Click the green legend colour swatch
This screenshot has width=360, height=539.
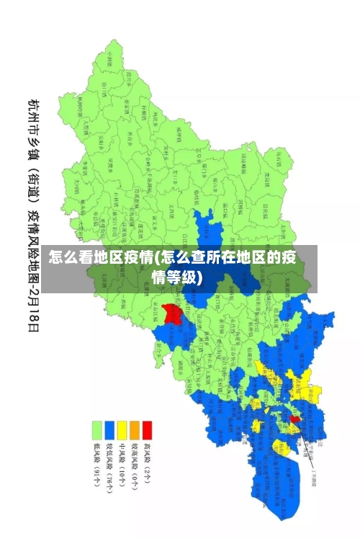(95, 431)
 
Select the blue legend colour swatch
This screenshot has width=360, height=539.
(108, 431)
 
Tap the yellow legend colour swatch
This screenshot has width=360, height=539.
(121, 431)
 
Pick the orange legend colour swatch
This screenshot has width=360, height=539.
(134, 431)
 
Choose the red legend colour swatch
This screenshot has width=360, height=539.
(147, 431)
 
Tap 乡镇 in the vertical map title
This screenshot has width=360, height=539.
(33, 151)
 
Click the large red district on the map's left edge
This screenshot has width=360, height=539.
(172, 313)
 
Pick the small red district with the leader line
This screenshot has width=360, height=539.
(294, 418)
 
